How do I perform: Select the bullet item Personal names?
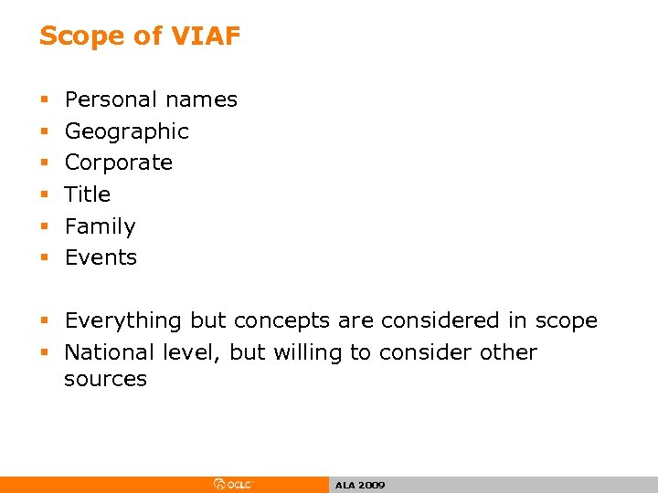coord(151,100)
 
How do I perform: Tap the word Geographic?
coord(126,131)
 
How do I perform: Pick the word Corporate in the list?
coord(118,163)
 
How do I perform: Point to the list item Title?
coord(87,194)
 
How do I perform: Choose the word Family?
coord(100,226)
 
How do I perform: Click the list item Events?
coord(101,257)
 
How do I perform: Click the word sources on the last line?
coord(105,380)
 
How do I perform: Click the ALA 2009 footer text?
coord(360,486)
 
